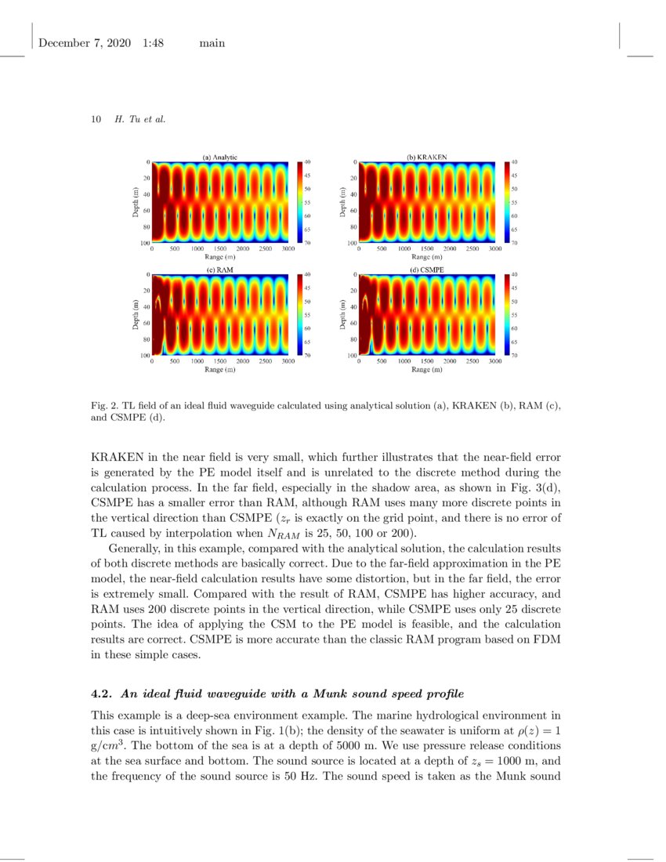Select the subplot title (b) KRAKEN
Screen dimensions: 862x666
tap(427, 157)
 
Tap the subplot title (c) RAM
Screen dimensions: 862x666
tap(220, 270)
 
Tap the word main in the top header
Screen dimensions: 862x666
tap(212, 43)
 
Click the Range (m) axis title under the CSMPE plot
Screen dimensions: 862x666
tap(427, 369)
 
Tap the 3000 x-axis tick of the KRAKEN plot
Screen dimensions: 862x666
tap(495, 248)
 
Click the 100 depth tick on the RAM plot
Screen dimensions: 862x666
tap(145, 356)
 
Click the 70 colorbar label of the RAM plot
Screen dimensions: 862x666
tap(307, 356)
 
